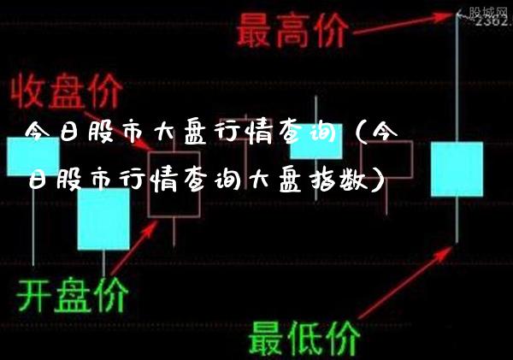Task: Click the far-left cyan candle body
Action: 32,156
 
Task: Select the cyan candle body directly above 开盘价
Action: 103,219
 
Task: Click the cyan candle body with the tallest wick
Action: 457,169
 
